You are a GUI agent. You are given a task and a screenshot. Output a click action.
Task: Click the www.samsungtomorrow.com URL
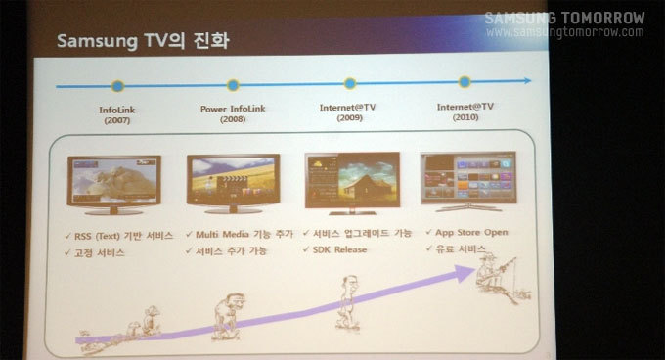tap(564, 32)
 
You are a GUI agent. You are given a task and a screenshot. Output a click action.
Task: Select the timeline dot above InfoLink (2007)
tap(118, 86)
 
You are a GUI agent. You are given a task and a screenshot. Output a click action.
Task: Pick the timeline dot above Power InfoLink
tap(233, 85)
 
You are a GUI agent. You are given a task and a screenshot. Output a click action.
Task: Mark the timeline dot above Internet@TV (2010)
tap(465, 82)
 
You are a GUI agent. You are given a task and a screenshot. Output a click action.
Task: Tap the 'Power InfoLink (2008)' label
tap(233, 114)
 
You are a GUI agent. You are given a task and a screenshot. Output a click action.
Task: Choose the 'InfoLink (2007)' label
tap(116, 116)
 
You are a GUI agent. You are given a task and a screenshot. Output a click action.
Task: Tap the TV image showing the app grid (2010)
tap(467, 178)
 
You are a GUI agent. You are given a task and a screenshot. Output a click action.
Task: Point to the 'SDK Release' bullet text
tap(339, 249)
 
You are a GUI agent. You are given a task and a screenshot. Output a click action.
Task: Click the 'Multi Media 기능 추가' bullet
tap(243, 236)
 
